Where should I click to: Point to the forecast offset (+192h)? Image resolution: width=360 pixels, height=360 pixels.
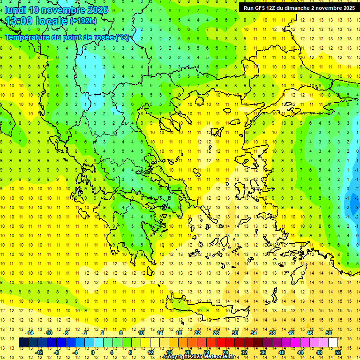click(x=83, y=21)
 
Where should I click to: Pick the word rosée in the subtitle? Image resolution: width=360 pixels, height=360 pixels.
click(x=103, y=37)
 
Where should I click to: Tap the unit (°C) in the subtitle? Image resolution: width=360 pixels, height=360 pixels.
click(x=122, y=37)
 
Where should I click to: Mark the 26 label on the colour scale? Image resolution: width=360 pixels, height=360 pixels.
click(x=216, y=333)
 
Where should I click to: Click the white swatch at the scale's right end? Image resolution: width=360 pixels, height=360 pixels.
click(x=333, y=343)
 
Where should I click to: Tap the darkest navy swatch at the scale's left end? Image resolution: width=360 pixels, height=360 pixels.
click(x=23, y=343)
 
